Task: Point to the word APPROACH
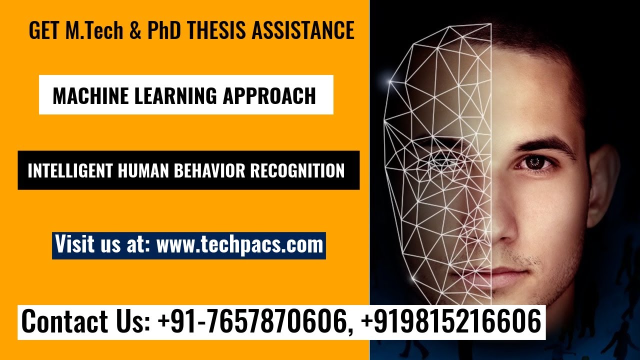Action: pos(269,95)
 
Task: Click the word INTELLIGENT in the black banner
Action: pos(69,171)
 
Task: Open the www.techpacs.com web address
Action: pos(239,245)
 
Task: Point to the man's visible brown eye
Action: pos(533,162)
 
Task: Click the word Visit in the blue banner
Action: pos(74,245)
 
